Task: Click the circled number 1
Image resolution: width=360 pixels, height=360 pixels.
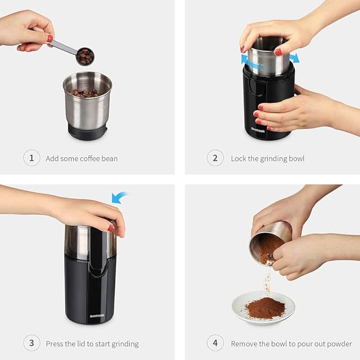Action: pyautogui.click(x=32, y=158)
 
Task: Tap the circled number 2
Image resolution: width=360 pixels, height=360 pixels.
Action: pyautogui.click(x=215, y=158)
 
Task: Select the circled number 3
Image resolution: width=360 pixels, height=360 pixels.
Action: pyautogui.click(x=32, y=343)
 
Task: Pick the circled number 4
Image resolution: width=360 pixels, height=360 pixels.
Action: pyautogui.click(x=215, y=343)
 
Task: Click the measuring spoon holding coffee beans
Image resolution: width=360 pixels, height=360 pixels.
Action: pyautogui.click(x=84, y=55)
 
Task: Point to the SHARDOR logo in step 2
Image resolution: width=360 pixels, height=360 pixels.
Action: pyautogui.click(x=259, y=128)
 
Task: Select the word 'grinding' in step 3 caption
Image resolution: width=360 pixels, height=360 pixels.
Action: pyautogui.click(x=124, y=344)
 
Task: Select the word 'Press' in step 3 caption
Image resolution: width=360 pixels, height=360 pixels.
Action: pyautogui.click(x=55, y=344)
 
